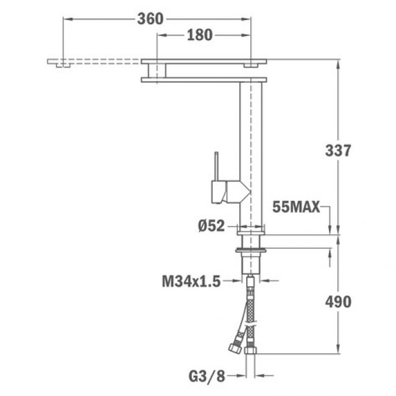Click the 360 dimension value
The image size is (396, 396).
click(150, 19)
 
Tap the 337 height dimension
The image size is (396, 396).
click(338, 150)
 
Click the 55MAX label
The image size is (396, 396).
click(297, 208)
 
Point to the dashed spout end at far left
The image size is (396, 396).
click(60, 63)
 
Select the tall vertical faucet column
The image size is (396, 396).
click(252, 152)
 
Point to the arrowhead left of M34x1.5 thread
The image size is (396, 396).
click(237, 281)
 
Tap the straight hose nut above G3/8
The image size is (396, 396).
click(250, 350)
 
